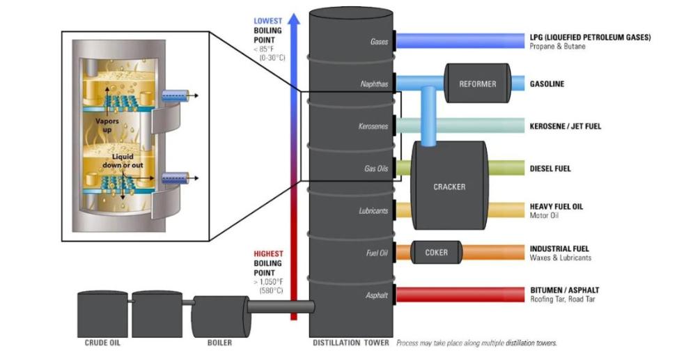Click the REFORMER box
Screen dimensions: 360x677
478,84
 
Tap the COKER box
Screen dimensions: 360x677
437,252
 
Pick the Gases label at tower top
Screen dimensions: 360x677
379,42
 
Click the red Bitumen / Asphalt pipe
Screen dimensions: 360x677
459,295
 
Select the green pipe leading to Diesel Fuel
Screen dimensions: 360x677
505,168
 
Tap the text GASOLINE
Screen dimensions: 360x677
547,84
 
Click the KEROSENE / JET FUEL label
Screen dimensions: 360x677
565,126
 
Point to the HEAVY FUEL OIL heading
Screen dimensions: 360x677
557,206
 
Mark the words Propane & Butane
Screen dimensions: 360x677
558,47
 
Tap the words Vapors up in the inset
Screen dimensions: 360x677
108,124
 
